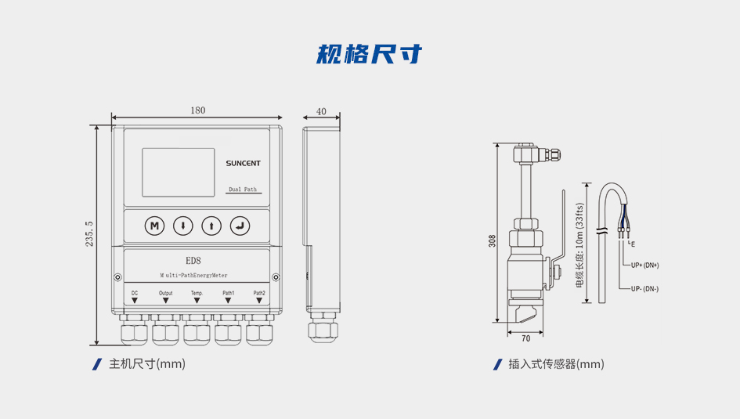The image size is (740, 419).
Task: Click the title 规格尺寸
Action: tap(370, 54)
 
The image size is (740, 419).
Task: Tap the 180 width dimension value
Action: tap(197, 110)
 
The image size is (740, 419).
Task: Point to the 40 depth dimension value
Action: tap(321, 111)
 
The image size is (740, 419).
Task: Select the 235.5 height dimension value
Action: tap(89, 234)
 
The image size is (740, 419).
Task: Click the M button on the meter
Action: tap(154, 226)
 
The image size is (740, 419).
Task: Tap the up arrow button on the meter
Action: tap(211, 226)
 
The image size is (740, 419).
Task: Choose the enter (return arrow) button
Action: tap(240, 226)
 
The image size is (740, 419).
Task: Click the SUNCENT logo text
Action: tap(244, 164)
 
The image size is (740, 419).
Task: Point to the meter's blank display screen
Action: tap(178, 172)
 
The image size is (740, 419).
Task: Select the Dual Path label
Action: tap(243, 190)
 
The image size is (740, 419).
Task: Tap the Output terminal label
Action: tap(166, 293)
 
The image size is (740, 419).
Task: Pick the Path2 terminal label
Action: tap(259, 293)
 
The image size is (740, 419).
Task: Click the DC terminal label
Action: tap(135, 293)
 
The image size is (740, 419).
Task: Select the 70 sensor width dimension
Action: tap(525, 338)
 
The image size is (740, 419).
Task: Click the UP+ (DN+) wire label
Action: tap(645, 265)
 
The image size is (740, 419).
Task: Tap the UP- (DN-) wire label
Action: tap(644, 288)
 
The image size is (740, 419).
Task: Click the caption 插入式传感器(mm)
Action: tap(556, 364)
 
